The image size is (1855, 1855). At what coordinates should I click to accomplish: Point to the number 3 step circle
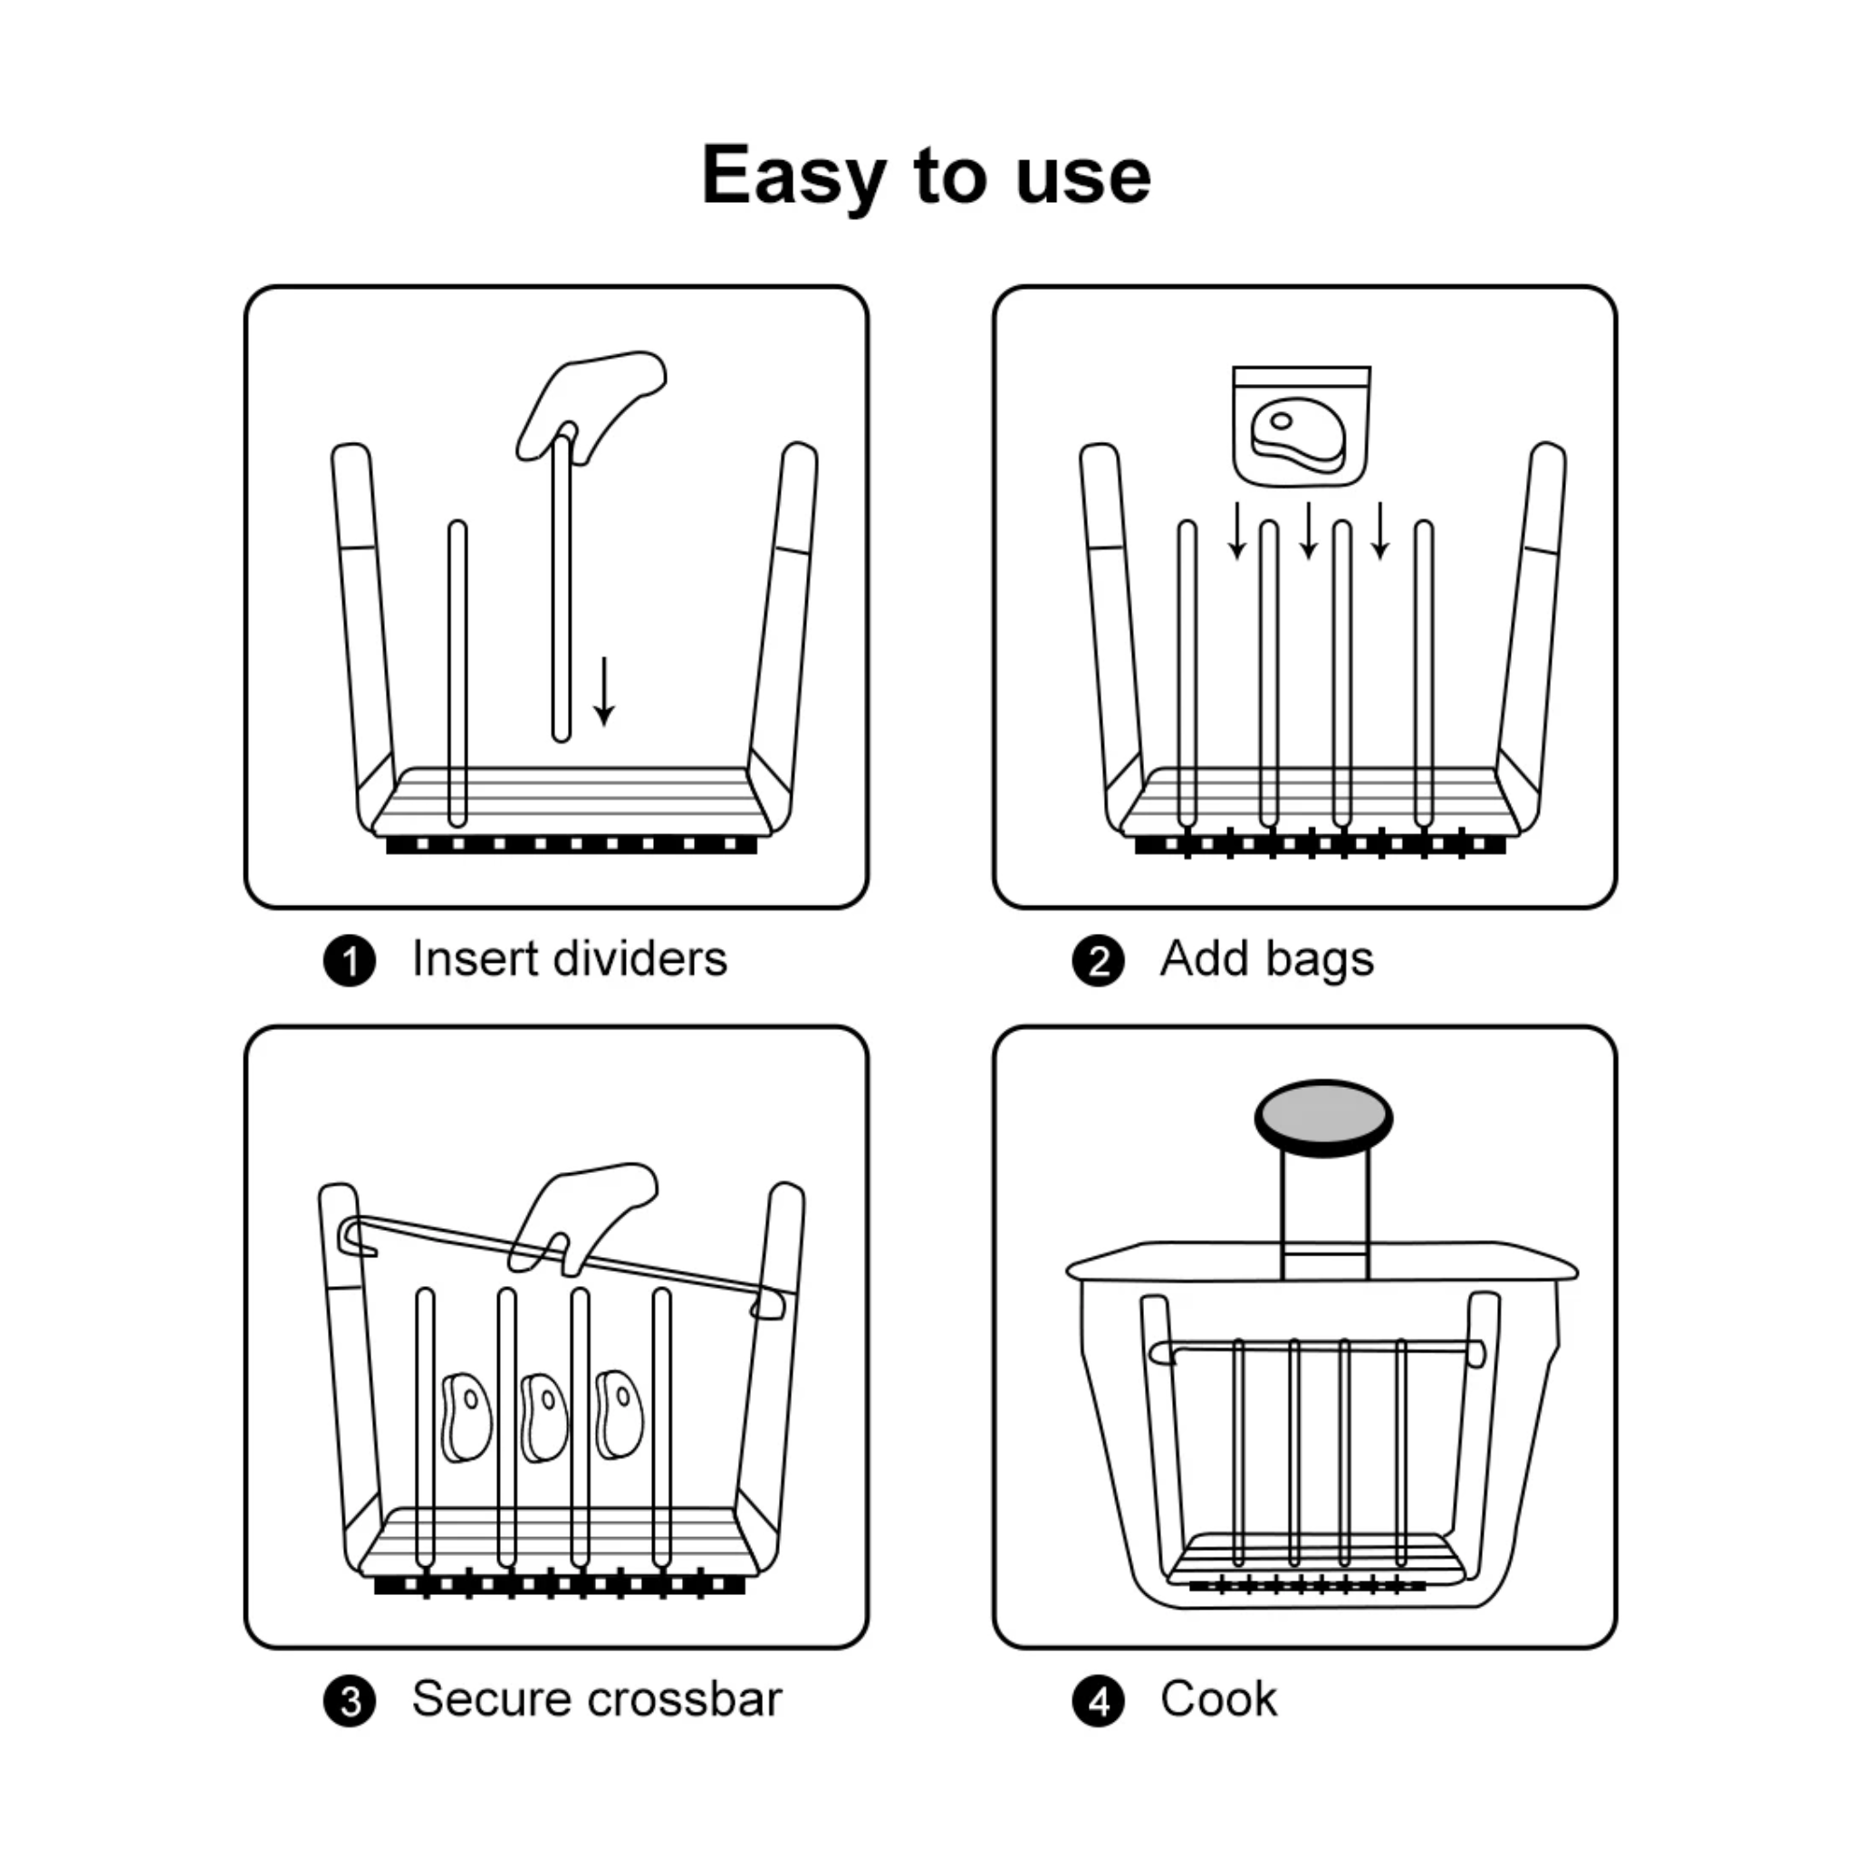coord(350,1702)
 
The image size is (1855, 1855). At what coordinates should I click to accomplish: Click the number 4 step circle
coord(1099,1702)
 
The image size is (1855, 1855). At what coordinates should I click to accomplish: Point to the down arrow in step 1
coord(604,691)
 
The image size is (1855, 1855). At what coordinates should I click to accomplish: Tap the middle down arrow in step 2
coord(1309,530)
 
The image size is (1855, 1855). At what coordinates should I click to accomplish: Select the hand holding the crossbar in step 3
coord(581,1219)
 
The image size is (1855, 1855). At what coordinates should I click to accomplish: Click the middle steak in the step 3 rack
coord(543,1418)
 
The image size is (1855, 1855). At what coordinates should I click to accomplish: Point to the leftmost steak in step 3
coord(466,1418)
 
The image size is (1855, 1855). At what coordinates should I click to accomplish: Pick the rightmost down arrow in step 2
coord(1379,530)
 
